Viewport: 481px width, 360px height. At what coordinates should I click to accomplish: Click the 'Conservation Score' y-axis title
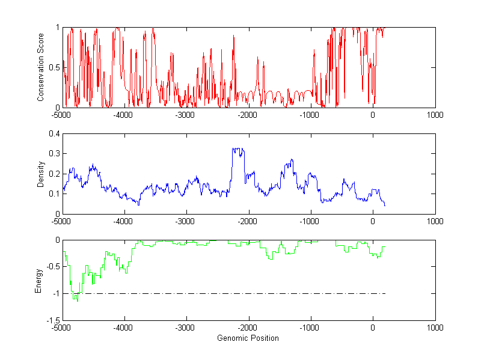(40, 67)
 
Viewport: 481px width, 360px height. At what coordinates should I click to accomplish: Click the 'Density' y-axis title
(40, 174)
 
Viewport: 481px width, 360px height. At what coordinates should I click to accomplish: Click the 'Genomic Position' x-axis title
(248, 338)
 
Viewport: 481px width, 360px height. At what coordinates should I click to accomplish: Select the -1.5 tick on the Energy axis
(53, 320)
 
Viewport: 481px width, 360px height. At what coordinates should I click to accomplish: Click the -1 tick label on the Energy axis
(56, 293)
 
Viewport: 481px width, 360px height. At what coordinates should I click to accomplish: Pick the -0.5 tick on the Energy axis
(53, 267)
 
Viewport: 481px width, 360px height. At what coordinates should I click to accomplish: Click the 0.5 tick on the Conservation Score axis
(55, 67)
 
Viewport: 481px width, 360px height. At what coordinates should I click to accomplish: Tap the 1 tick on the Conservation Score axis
(58, 27)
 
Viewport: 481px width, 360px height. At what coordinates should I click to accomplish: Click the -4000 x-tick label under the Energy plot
(124, 328)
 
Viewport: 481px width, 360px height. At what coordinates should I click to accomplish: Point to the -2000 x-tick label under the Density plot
(248, 221)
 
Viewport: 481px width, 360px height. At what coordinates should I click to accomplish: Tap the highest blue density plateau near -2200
(238, 148)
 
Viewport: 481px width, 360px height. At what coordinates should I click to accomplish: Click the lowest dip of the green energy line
(77, 300)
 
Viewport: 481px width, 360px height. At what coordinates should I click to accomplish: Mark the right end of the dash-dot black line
(385, 293)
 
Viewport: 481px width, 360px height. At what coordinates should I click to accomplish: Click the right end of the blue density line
(385, 206)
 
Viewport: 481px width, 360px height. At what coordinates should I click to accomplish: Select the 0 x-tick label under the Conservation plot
(373, 115)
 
